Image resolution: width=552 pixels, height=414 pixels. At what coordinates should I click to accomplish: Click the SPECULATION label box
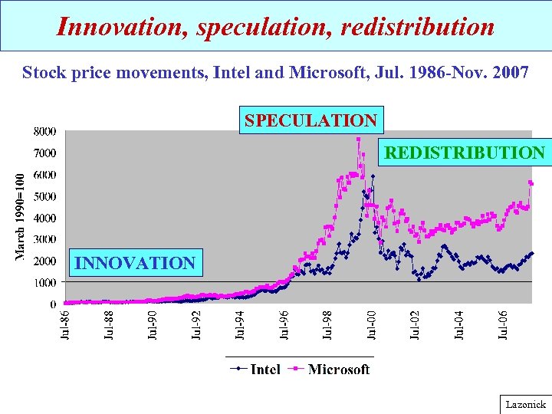310,120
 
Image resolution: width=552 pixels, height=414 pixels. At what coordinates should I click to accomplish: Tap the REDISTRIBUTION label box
464,153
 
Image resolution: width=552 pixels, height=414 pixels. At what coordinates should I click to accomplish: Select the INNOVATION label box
135,263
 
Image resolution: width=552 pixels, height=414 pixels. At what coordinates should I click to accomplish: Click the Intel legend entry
258,370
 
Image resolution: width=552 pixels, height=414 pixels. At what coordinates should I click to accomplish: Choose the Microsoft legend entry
331,370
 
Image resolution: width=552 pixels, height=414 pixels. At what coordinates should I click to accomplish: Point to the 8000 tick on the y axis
44,131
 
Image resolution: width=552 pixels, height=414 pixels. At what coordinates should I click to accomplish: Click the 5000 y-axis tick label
44,196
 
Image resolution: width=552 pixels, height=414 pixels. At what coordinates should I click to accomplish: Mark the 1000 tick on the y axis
44,282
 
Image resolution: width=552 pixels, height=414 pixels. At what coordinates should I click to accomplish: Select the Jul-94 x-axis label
240,325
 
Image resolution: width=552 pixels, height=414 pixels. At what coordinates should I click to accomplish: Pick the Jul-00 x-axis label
372,325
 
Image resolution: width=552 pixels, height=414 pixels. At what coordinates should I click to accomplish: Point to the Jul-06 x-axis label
504,325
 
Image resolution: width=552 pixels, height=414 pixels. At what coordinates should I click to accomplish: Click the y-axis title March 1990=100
21,217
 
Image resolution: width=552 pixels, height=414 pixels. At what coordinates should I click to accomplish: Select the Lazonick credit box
525,404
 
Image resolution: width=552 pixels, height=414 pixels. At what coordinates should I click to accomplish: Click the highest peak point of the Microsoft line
358,140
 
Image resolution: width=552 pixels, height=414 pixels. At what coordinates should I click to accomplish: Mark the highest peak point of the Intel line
373,176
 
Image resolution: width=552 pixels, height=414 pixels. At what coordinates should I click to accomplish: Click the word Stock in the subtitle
44,73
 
